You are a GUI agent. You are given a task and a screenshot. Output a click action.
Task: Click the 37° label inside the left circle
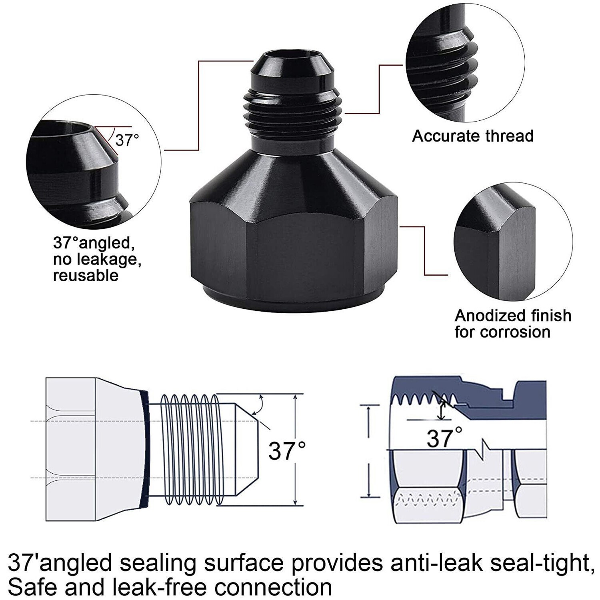(127, 140)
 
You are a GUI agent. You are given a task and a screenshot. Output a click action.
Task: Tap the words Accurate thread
(473, 136)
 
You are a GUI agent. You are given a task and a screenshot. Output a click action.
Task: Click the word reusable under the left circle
(86, 276)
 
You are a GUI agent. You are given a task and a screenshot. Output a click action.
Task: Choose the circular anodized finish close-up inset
(513, 242)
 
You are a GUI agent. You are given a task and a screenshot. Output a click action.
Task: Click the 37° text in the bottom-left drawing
(286, 451)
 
